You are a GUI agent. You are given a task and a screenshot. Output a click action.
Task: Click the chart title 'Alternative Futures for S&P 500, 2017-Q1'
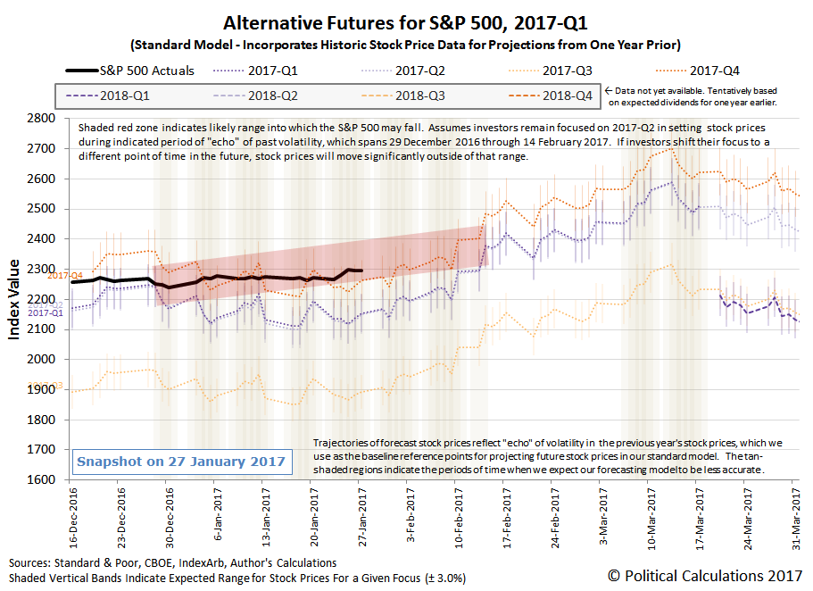click(x=405, y=22)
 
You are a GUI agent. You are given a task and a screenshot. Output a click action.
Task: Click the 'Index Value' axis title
click(x=14, y=299)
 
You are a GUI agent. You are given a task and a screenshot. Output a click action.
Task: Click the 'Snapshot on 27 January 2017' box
click(x=181, y=461)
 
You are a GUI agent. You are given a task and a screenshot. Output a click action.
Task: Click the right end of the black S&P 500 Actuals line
click(x=361, y=271)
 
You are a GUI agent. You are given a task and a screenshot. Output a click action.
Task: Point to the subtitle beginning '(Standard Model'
click(x=405, y=45)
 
